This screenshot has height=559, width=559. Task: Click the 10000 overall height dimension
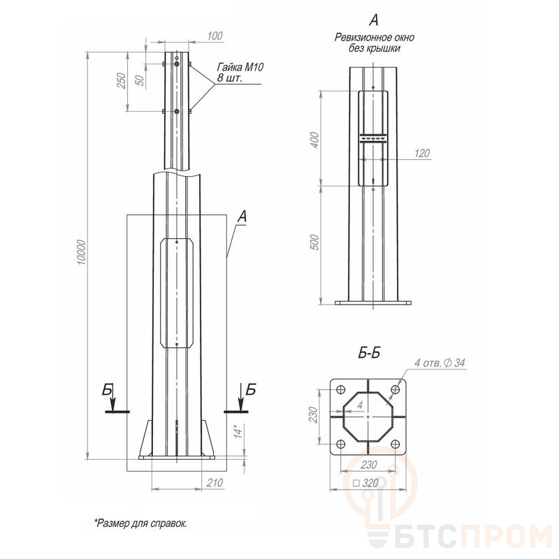click(x=82, y=252)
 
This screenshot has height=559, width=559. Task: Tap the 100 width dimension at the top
click(x=215, y=36)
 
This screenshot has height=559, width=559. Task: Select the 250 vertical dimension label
click(x=122, y=80)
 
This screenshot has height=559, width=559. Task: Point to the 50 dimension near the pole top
click(x=141, y=80)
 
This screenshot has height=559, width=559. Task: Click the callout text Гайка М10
click(x=240, y=67)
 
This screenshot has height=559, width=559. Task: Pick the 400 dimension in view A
click(x=314, y=140)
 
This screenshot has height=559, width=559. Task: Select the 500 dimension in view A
click(x=314, y=242)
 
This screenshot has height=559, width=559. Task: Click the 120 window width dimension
click(x=422, y=153)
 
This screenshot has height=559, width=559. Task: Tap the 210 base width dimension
click(x=215, y=483)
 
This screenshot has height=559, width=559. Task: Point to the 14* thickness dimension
click(x=238, y=431)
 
